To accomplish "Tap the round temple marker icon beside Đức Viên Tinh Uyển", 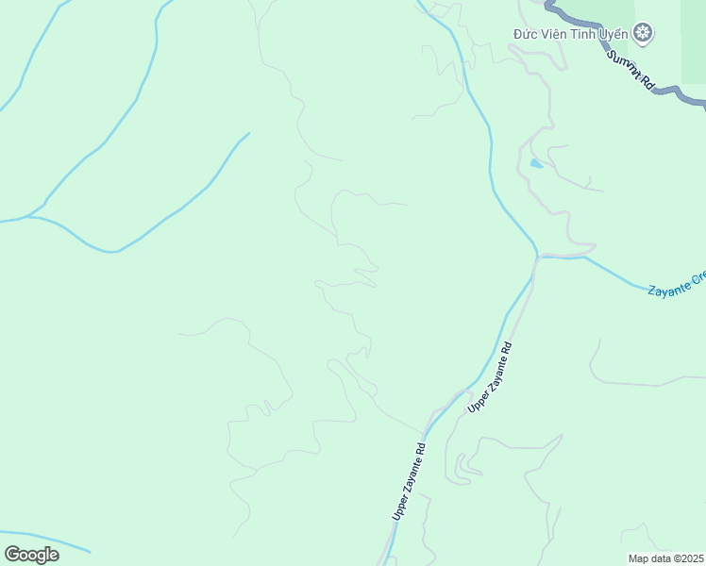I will click(643, 34).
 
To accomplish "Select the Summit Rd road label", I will click(630, 70).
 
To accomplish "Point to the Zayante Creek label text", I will click(677, 284).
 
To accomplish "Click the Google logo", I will click(31, 554).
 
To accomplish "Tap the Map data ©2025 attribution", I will click(665, 558).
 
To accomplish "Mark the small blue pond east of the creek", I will click(536, 163).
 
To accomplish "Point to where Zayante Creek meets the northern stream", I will click(537, 256).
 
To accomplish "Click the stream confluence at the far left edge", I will click(28, 218).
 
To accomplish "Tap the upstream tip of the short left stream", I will click(248, 133).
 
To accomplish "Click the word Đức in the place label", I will click(526, 34).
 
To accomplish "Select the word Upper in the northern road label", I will click(479, 398).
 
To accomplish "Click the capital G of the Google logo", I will click(12, 554).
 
